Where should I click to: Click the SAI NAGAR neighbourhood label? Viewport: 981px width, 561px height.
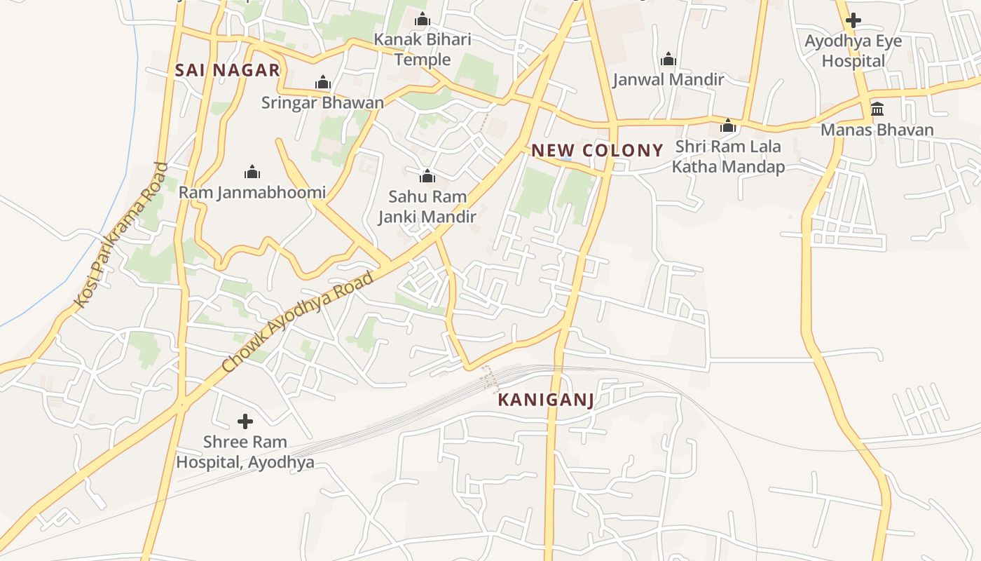tap(228, 70)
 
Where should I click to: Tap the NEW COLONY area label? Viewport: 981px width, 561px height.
tap(597, 150)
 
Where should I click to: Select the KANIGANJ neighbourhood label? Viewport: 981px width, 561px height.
tap(546, 400)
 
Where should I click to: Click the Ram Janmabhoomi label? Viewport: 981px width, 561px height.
tap(252, 192)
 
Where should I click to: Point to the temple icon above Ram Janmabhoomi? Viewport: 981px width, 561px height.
tap(252, 172)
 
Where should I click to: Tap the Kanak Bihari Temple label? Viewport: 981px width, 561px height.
tap(423, 49)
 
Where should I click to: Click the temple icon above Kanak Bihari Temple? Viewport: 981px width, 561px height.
tap(423, 19)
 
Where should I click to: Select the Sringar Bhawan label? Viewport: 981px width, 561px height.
tap(322, 102)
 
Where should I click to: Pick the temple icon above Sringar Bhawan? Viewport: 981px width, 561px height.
tap(322, 83)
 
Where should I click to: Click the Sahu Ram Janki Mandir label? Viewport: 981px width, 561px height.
tap(427, 207)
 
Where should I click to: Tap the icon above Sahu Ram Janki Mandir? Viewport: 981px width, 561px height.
tap(427, 175)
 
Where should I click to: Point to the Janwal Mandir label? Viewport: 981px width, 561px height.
tap(668, 79)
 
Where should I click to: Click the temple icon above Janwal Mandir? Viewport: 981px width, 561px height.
tap(668, 59)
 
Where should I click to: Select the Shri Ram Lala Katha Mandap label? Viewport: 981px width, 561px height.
tap(728, 157)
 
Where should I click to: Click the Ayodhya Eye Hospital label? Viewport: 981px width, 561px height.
tap(853, 50)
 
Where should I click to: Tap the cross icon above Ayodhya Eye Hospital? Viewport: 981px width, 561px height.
tap(853, 20)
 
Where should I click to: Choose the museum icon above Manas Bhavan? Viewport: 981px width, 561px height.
tap(877, 109)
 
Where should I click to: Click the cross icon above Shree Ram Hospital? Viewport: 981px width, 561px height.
tap(245, 421)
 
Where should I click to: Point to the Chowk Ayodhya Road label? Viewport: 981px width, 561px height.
tap(298, 323)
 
